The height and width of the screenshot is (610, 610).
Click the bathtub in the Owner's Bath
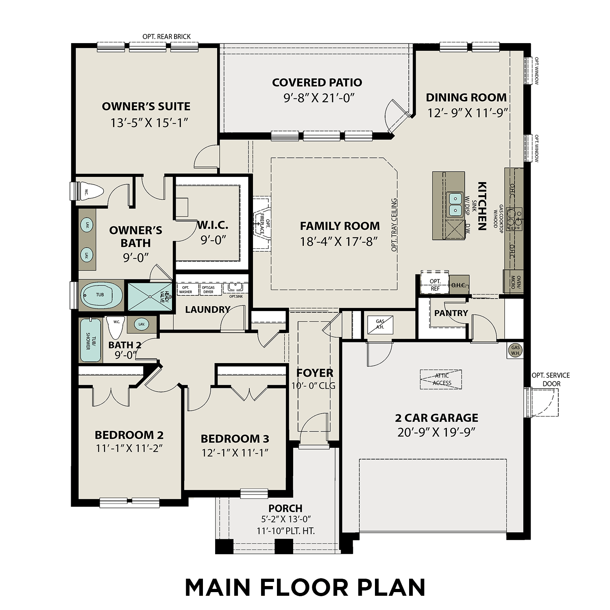coord(101,295)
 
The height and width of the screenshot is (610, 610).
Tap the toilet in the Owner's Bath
coord(92,192)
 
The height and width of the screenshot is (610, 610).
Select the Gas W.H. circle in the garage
coord(515,350)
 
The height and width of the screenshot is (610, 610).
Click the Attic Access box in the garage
coord(441,379)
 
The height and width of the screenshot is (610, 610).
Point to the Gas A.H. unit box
coord(380,324)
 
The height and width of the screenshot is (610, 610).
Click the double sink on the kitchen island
coord(455,205)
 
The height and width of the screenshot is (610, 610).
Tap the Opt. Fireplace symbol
coord(261,223)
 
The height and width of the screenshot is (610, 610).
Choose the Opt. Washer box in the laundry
coord(186,290)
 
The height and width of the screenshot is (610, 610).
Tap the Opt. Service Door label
coord(551,379)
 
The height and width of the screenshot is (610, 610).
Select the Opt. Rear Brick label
coord(166,37)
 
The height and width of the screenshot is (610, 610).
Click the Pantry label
coord(451,313)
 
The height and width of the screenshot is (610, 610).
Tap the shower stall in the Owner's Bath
coord(150,296)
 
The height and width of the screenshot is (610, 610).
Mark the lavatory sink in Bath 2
coord(141,325)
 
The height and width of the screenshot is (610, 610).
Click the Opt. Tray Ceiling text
coord(394,225)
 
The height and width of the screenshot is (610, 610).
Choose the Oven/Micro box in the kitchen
coord(513,282)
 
